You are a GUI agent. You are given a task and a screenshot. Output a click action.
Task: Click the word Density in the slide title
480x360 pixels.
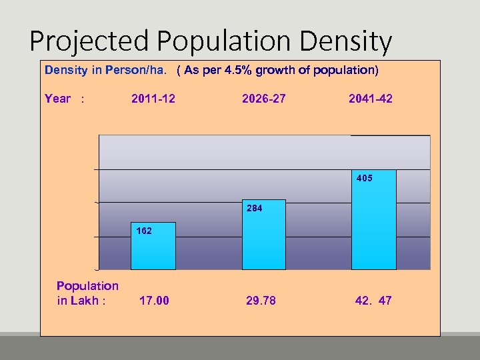346,41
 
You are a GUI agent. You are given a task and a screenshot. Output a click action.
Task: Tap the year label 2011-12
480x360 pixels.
153,99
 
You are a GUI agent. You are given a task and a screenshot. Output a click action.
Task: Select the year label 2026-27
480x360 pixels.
264,99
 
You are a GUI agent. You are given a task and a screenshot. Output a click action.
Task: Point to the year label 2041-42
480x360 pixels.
371,99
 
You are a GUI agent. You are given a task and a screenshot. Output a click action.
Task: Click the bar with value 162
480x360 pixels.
153,250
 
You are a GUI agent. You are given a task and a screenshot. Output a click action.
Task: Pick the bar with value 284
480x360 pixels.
263,240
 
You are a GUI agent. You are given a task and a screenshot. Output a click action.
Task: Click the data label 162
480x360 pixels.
144,231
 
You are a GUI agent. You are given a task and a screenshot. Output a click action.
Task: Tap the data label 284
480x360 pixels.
254,209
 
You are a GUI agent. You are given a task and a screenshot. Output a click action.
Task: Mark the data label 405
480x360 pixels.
365,179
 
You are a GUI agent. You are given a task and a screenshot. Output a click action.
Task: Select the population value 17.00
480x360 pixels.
154,301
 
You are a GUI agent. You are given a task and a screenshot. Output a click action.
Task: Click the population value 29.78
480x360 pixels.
261,301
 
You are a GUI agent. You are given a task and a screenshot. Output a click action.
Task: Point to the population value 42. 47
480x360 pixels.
373,301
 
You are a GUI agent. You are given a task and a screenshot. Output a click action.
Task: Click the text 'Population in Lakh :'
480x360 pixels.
87,293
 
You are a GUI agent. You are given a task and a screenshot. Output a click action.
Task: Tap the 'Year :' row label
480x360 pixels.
64,99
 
